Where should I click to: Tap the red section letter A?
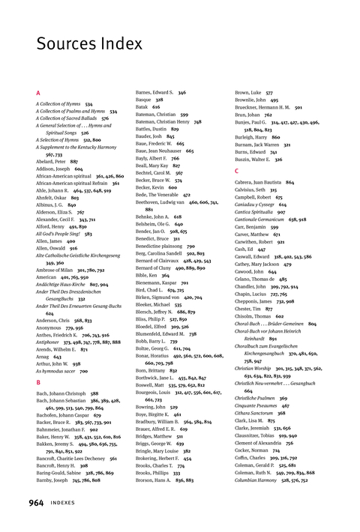pos(38,93)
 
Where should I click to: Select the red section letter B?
pos(38,382)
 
